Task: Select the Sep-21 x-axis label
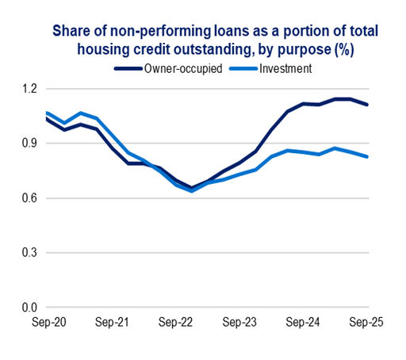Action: coord(113,323)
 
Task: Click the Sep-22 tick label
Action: coord(176,323)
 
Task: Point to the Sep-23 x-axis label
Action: coord(240,323)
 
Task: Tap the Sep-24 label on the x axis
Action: coord(304,323)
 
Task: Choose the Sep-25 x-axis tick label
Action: coord(367,323)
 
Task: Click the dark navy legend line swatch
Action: coord(128,69)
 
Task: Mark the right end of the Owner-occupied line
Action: coord(367,105)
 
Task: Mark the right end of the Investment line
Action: coord(367,156)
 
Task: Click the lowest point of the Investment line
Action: coord(193,191)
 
